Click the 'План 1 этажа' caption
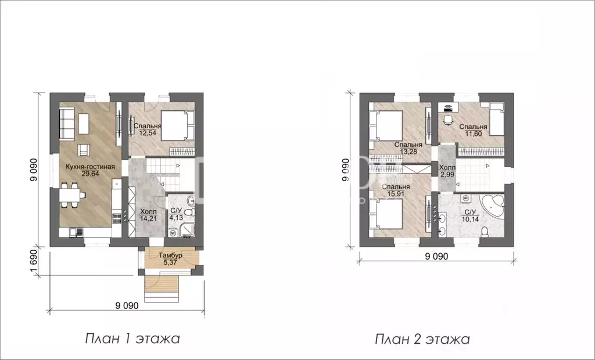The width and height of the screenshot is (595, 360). tap(132, 339)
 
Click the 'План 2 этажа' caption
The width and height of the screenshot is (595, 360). tap(422, 339)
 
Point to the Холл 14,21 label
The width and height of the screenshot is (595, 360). tap(149, 215)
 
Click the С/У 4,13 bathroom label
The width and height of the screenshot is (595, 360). tap(176, 215)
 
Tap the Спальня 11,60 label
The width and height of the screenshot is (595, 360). tap(473, 130)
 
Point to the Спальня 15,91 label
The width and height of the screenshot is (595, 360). tap(398, 191)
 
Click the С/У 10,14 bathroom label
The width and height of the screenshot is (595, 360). tap(467, 215)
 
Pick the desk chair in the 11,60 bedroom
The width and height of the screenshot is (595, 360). tap(447, 120)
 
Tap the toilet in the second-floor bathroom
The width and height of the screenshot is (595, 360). tap(485, 231)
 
